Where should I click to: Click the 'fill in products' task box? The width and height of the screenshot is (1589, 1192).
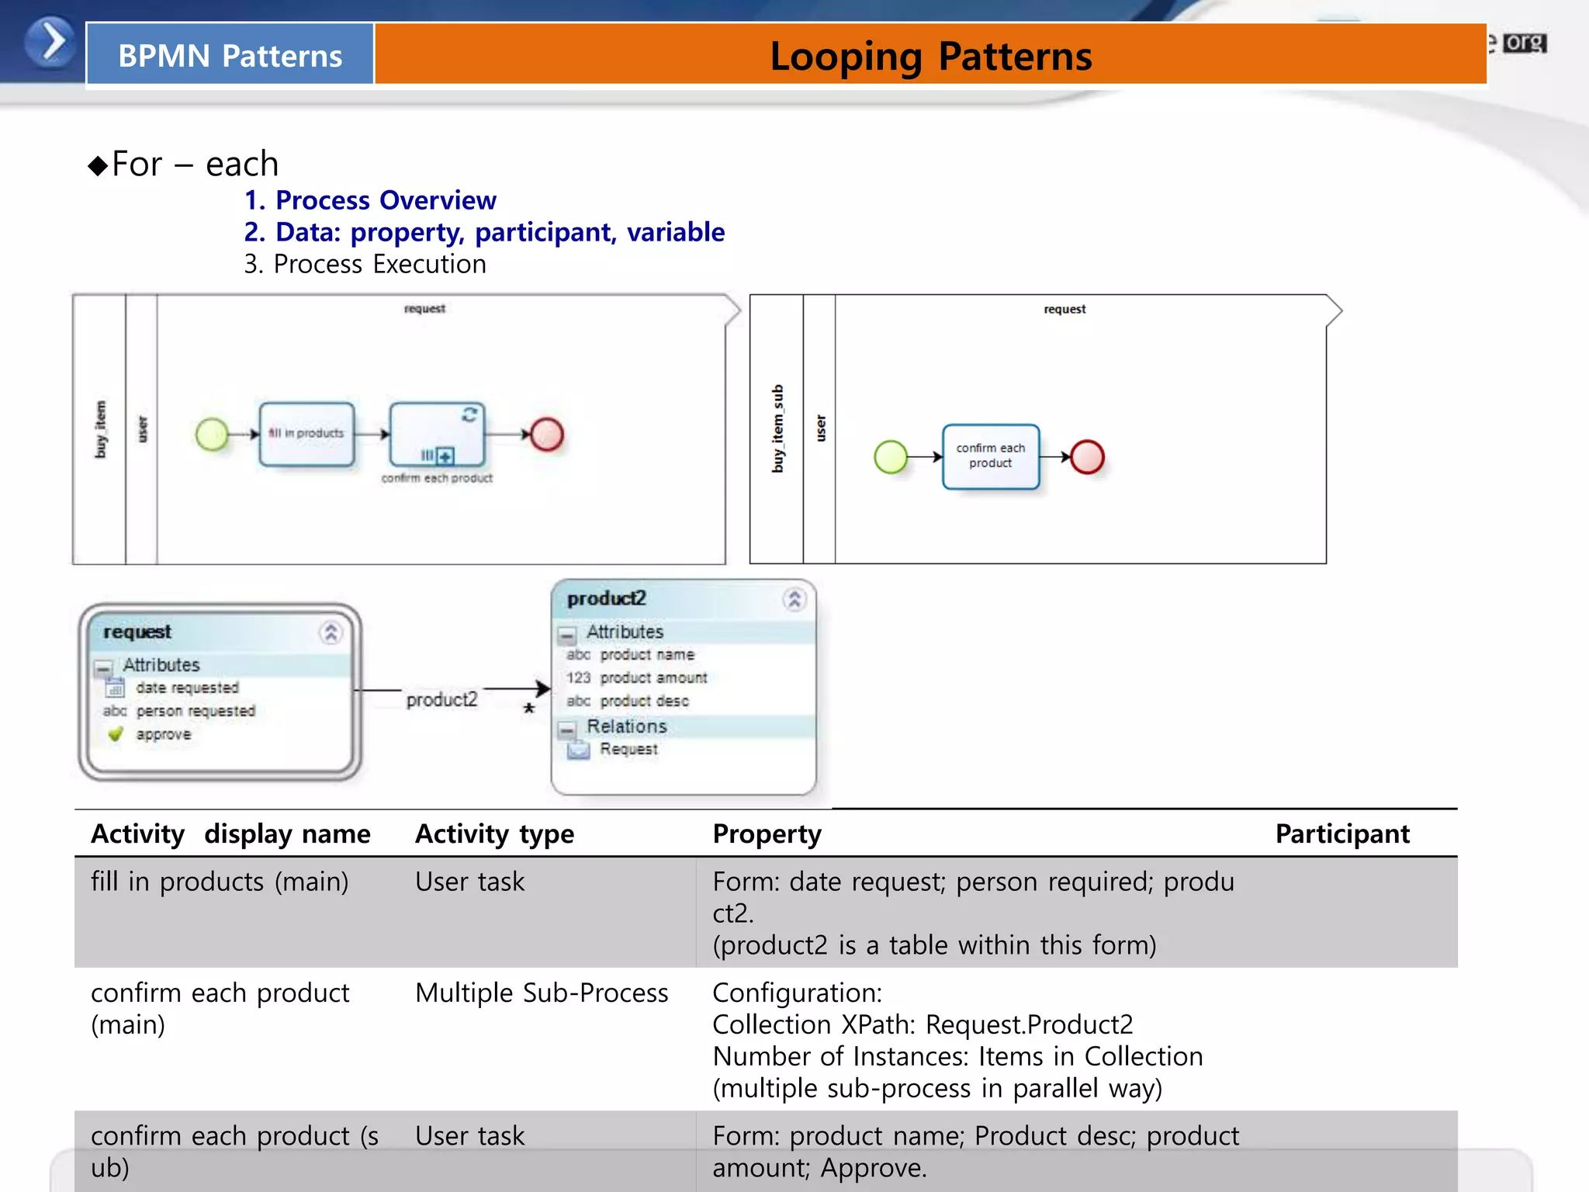click(306, 434)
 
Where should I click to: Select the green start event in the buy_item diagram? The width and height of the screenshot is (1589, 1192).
click(212, 435)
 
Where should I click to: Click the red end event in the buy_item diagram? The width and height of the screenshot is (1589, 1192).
click(547, 435)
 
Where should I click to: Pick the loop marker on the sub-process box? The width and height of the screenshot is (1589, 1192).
click(469, 414)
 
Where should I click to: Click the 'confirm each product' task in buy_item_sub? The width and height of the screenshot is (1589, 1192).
click(991, 456)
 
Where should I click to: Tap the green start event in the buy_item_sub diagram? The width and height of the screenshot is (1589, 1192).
click(891, 457)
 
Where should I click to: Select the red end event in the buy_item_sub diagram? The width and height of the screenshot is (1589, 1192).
click(1087, 457)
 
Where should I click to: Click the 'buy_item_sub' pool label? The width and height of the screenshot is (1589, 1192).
click(777, 428)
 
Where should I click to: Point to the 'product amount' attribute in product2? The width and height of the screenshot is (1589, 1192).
click(653, 678)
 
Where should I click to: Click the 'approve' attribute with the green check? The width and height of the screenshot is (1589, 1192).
click(163, 734)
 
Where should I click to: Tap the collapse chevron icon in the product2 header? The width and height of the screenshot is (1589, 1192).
click(794, 599)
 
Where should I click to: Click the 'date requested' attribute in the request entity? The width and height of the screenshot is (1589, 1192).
click(187, 688)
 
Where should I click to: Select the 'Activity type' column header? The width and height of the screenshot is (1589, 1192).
click(494, 833)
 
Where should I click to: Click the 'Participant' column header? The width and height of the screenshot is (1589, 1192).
click(1342, 833)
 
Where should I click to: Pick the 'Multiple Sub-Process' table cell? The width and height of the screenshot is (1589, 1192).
click(542, 993)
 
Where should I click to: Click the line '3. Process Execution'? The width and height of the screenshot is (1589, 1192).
click(365, 265)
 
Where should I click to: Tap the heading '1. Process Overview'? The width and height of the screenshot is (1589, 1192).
click(370, 200)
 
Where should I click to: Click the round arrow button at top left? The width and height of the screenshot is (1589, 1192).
click(50, 42)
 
